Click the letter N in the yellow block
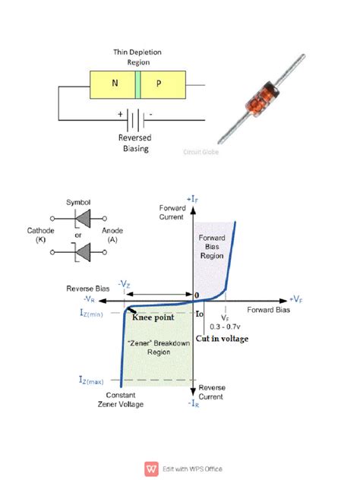115,85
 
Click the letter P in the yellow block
159,85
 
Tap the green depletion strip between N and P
137,85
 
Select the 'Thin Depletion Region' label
137,58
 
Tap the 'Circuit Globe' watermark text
199,152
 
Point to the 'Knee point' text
153,317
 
